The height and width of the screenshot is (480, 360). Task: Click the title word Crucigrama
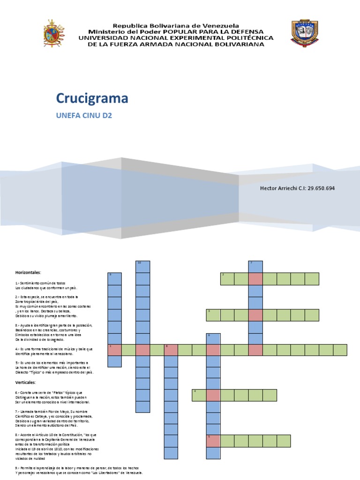pos(92,98)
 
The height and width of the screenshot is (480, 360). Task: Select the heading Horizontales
pos(28,272)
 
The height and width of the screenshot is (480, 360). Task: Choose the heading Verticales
pos(25,382)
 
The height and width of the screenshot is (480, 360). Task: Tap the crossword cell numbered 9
pos(114,278)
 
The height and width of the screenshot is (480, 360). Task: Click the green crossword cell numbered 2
pos(227,279)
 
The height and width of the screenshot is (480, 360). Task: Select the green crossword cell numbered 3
pos(213,315)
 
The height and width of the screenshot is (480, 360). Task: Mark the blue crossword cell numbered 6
pos(213,338)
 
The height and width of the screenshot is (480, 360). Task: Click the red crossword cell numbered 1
pos(114,350)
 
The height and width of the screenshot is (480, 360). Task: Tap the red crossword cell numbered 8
pos(171,350)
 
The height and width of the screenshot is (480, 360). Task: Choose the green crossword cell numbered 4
pos(199,395)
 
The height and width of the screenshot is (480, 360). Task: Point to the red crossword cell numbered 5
pos(213,441)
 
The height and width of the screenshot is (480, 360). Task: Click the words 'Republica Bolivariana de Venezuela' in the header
pos(175,25)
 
